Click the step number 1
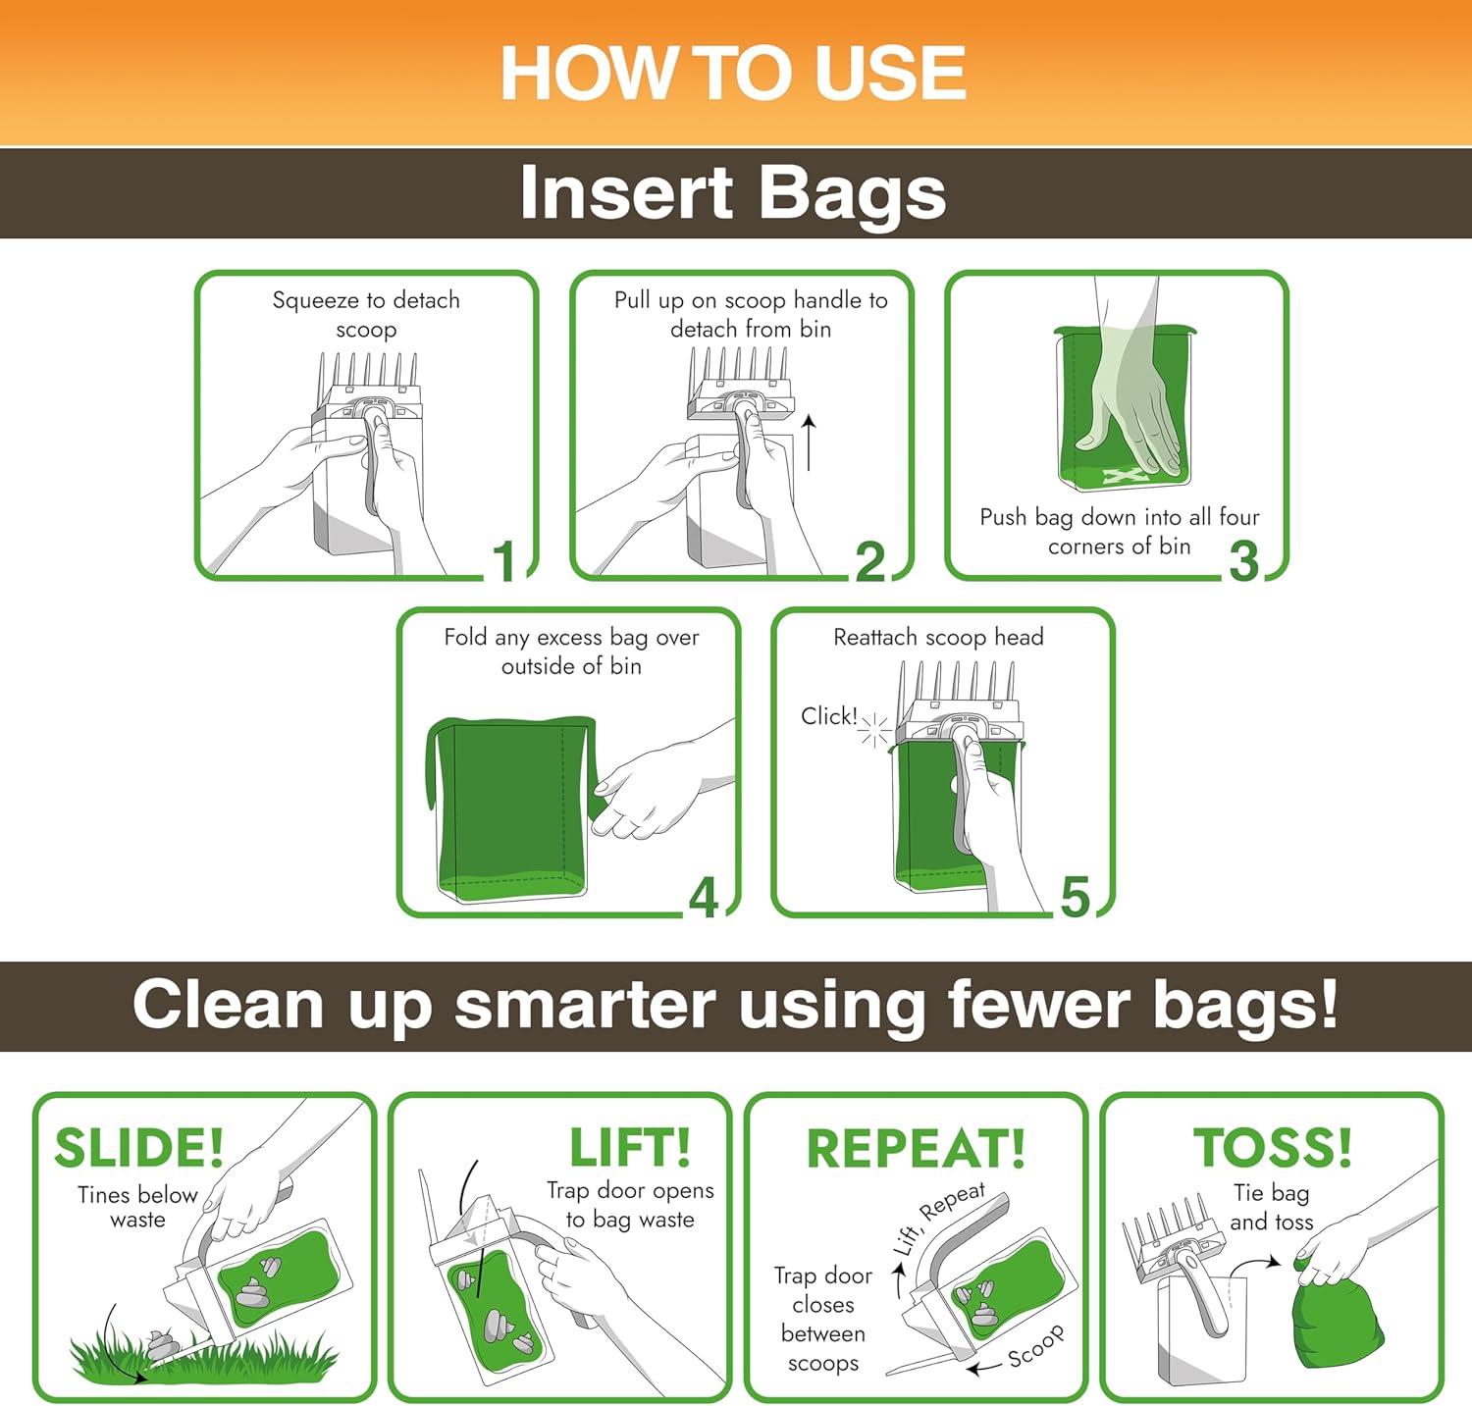click(x=504, y=560)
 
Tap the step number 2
click(x=870, y=561)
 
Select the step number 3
click(x=1244, y=561)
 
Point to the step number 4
click(x=704, y=898)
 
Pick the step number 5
click(x=1076, y=898)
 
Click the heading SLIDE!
click(x=139, y=1148)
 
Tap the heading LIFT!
click(x=630, y=1147)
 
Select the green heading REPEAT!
click(x=916, y=1148)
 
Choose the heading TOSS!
click(x=1273, y=1147)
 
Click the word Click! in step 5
click(x=829, y=716)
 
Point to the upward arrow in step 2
click(x=809, y=443)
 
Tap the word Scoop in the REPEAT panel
click(x=1036, y=1346)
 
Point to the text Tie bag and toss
click(x=1272, y=1208)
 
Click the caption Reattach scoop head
click(x=938, y=638)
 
